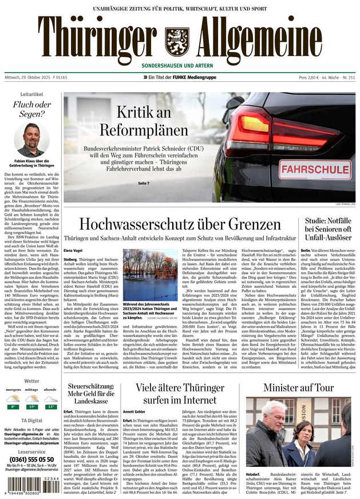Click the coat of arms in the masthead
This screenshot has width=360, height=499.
(x=176, y=38)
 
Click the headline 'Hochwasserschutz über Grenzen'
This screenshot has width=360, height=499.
(x=180, y=224)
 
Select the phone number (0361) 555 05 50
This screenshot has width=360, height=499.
(x=31, y=459)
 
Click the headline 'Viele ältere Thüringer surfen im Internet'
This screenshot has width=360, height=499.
(x=180, y=394)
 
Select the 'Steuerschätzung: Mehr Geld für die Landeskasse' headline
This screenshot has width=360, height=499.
(x=89, y=394)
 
